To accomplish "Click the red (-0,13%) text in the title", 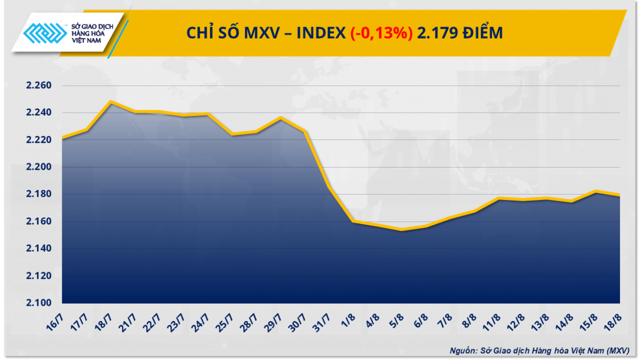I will pos(381,33).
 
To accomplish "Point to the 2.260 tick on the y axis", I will pos(39,86).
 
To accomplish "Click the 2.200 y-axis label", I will pos(39,167).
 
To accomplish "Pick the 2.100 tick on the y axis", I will pos(39,303).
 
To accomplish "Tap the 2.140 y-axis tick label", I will pos(39,249).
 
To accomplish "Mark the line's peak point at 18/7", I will pos(111,101).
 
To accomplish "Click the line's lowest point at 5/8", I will pos(401,230).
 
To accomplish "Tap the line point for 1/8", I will pos(353,221).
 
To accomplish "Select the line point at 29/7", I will pos(280,117).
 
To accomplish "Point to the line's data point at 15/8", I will pos(596,191).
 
